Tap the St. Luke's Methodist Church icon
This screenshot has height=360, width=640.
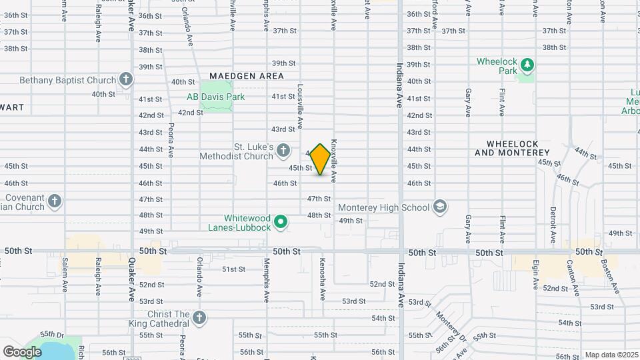click(283, 150)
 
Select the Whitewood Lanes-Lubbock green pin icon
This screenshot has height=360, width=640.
click(281, 221)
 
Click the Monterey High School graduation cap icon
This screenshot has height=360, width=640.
click(439, 207)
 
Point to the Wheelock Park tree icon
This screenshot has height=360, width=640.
click(527, 65)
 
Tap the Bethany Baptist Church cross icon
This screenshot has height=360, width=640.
click(125, 80)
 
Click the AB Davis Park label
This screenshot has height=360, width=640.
click(216, 97)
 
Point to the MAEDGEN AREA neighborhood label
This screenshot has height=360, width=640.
click(247, 76)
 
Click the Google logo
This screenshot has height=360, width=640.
click(22, 351)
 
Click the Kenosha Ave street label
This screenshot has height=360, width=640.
click(323, 271)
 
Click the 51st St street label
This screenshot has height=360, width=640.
click(234, 269)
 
